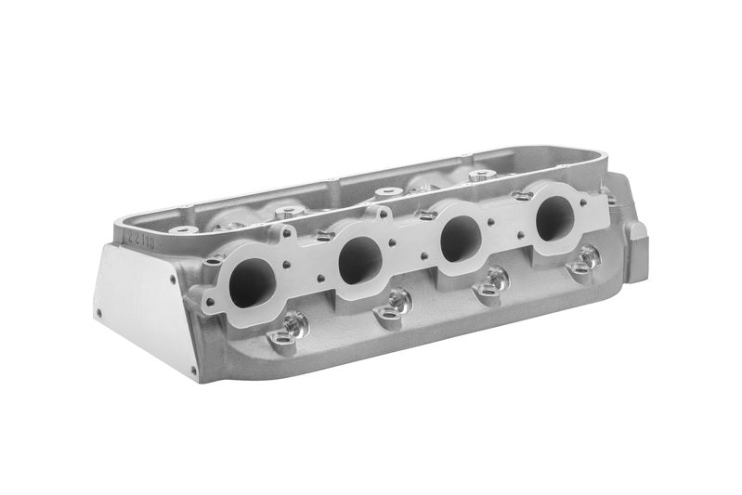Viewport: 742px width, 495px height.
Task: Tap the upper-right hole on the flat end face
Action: coord(171,276)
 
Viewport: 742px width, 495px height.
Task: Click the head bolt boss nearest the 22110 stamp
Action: coord(183,229)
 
